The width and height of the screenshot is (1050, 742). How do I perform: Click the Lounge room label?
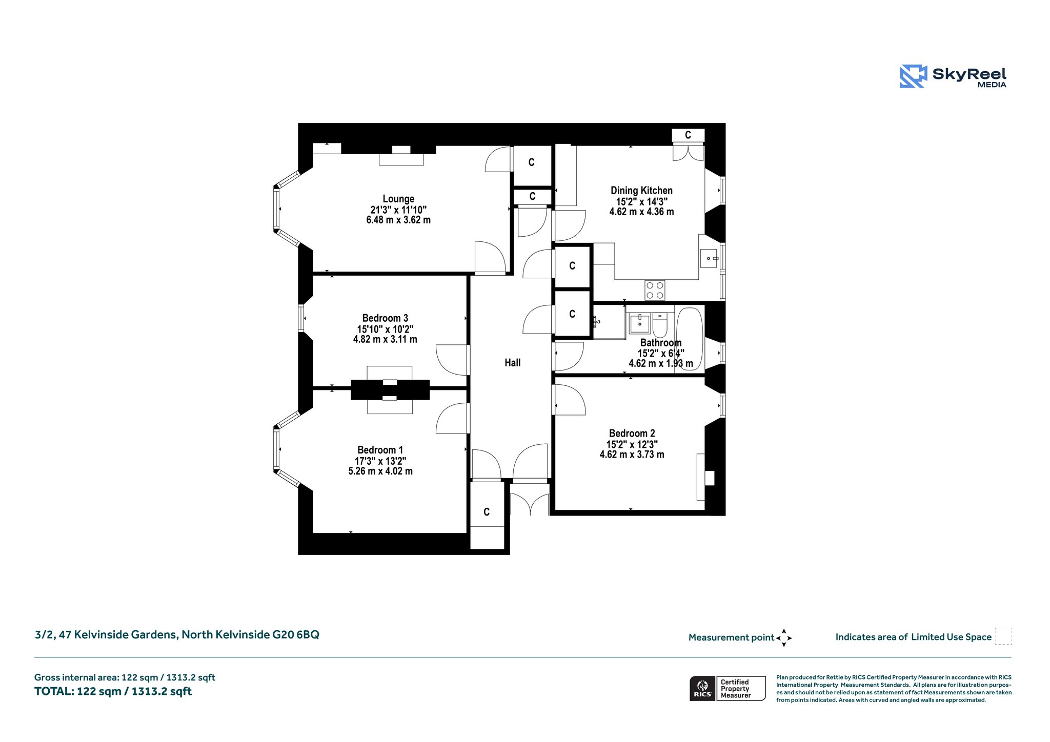(x=398, y=199)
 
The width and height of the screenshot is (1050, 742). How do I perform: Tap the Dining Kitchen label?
(x=641, y=191)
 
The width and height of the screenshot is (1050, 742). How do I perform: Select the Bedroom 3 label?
(x=385, y=318)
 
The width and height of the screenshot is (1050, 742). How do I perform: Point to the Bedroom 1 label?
(x=380, y=450)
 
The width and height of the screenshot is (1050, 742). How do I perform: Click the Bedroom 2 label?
(x=632, y=434)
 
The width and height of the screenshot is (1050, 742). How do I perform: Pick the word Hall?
(x=512, y=363)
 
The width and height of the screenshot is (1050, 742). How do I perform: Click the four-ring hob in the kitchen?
(x=655, y=290)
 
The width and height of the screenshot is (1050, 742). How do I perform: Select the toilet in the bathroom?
(x=660, y=324)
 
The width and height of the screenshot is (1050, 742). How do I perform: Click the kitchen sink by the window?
(x=709, y=258)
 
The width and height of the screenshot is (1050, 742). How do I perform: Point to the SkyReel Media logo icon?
(x=913, y=76)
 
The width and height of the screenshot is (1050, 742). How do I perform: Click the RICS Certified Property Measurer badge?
(x=728, y=688)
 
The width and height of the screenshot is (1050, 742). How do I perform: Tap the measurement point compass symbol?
(x=784, y=638)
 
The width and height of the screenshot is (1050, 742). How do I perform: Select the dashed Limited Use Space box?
(x=1003, y=636)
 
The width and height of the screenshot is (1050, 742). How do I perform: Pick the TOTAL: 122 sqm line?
(x=113, y=691)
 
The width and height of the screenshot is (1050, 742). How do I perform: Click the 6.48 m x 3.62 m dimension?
(x=398, y=220)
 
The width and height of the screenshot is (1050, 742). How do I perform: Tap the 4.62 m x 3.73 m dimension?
(x=632, y=455)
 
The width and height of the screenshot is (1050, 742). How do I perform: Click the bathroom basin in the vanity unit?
(x=640, y=324)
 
